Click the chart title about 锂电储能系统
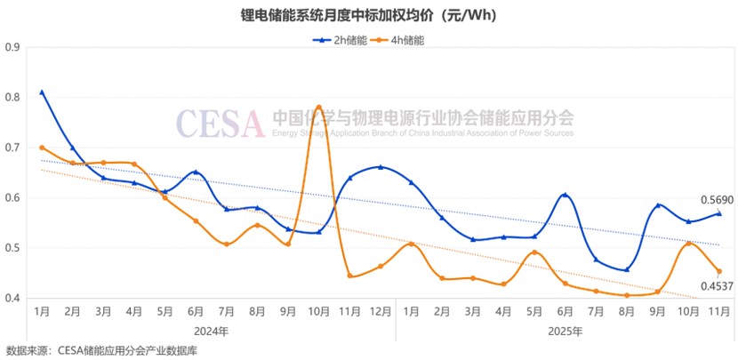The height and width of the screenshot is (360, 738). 368,16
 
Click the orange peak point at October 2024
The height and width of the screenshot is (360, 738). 318,108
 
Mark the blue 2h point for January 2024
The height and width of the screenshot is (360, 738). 42,92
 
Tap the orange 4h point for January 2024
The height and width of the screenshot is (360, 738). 42,148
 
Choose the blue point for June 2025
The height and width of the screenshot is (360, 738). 565,195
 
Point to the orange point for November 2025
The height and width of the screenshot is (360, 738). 718,271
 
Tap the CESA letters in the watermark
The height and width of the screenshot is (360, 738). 220,123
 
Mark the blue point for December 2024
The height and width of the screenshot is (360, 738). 380,166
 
